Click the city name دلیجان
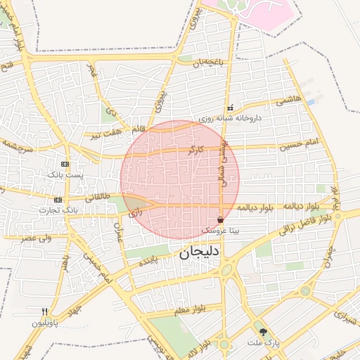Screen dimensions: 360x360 197,252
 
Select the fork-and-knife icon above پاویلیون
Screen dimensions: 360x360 44,311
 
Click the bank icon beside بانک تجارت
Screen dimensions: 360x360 57,200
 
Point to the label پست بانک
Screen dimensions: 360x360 65,174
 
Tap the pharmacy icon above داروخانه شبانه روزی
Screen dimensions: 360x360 230,108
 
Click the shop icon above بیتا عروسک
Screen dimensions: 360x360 221,220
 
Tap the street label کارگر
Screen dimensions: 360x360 195,150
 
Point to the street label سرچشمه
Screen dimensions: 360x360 18,146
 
